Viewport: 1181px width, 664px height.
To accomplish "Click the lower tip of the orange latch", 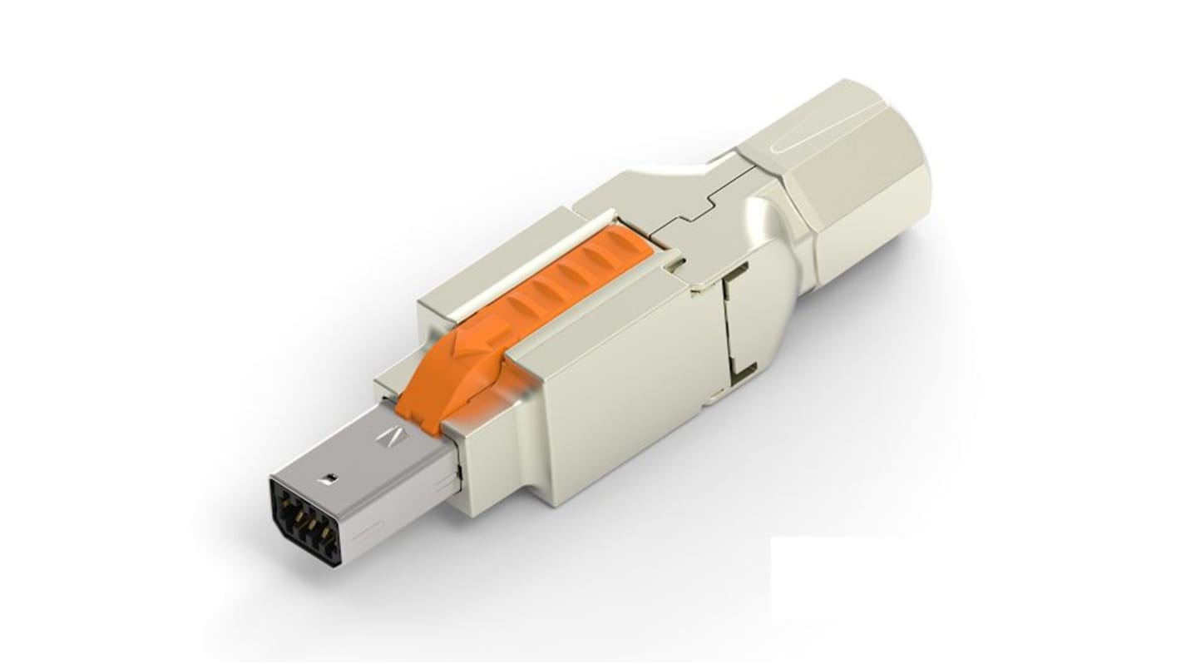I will click(x=416, y=408).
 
